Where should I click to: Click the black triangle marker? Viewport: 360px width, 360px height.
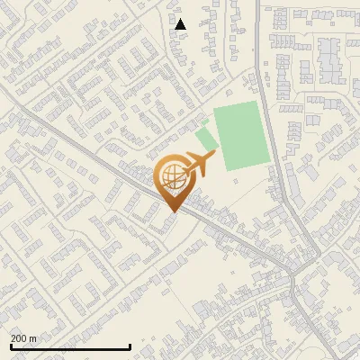(181, 24)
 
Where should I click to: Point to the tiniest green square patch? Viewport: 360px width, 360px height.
(205, 121)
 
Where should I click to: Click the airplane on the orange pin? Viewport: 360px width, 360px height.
(197, 165)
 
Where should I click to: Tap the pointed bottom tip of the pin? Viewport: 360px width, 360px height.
(173, 212)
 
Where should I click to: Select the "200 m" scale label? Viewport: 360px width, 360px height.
(23, 338)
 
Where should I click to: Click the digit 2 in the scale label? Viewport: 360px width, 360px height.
(13, 338)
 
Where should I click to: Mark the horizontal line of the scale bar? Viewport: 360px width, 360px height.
(70, 346)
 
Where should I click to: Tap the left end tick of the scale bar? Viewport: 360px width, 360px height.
(10, 346)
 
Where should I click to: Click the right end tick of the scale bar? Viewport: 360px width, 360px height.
(130, 346)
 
